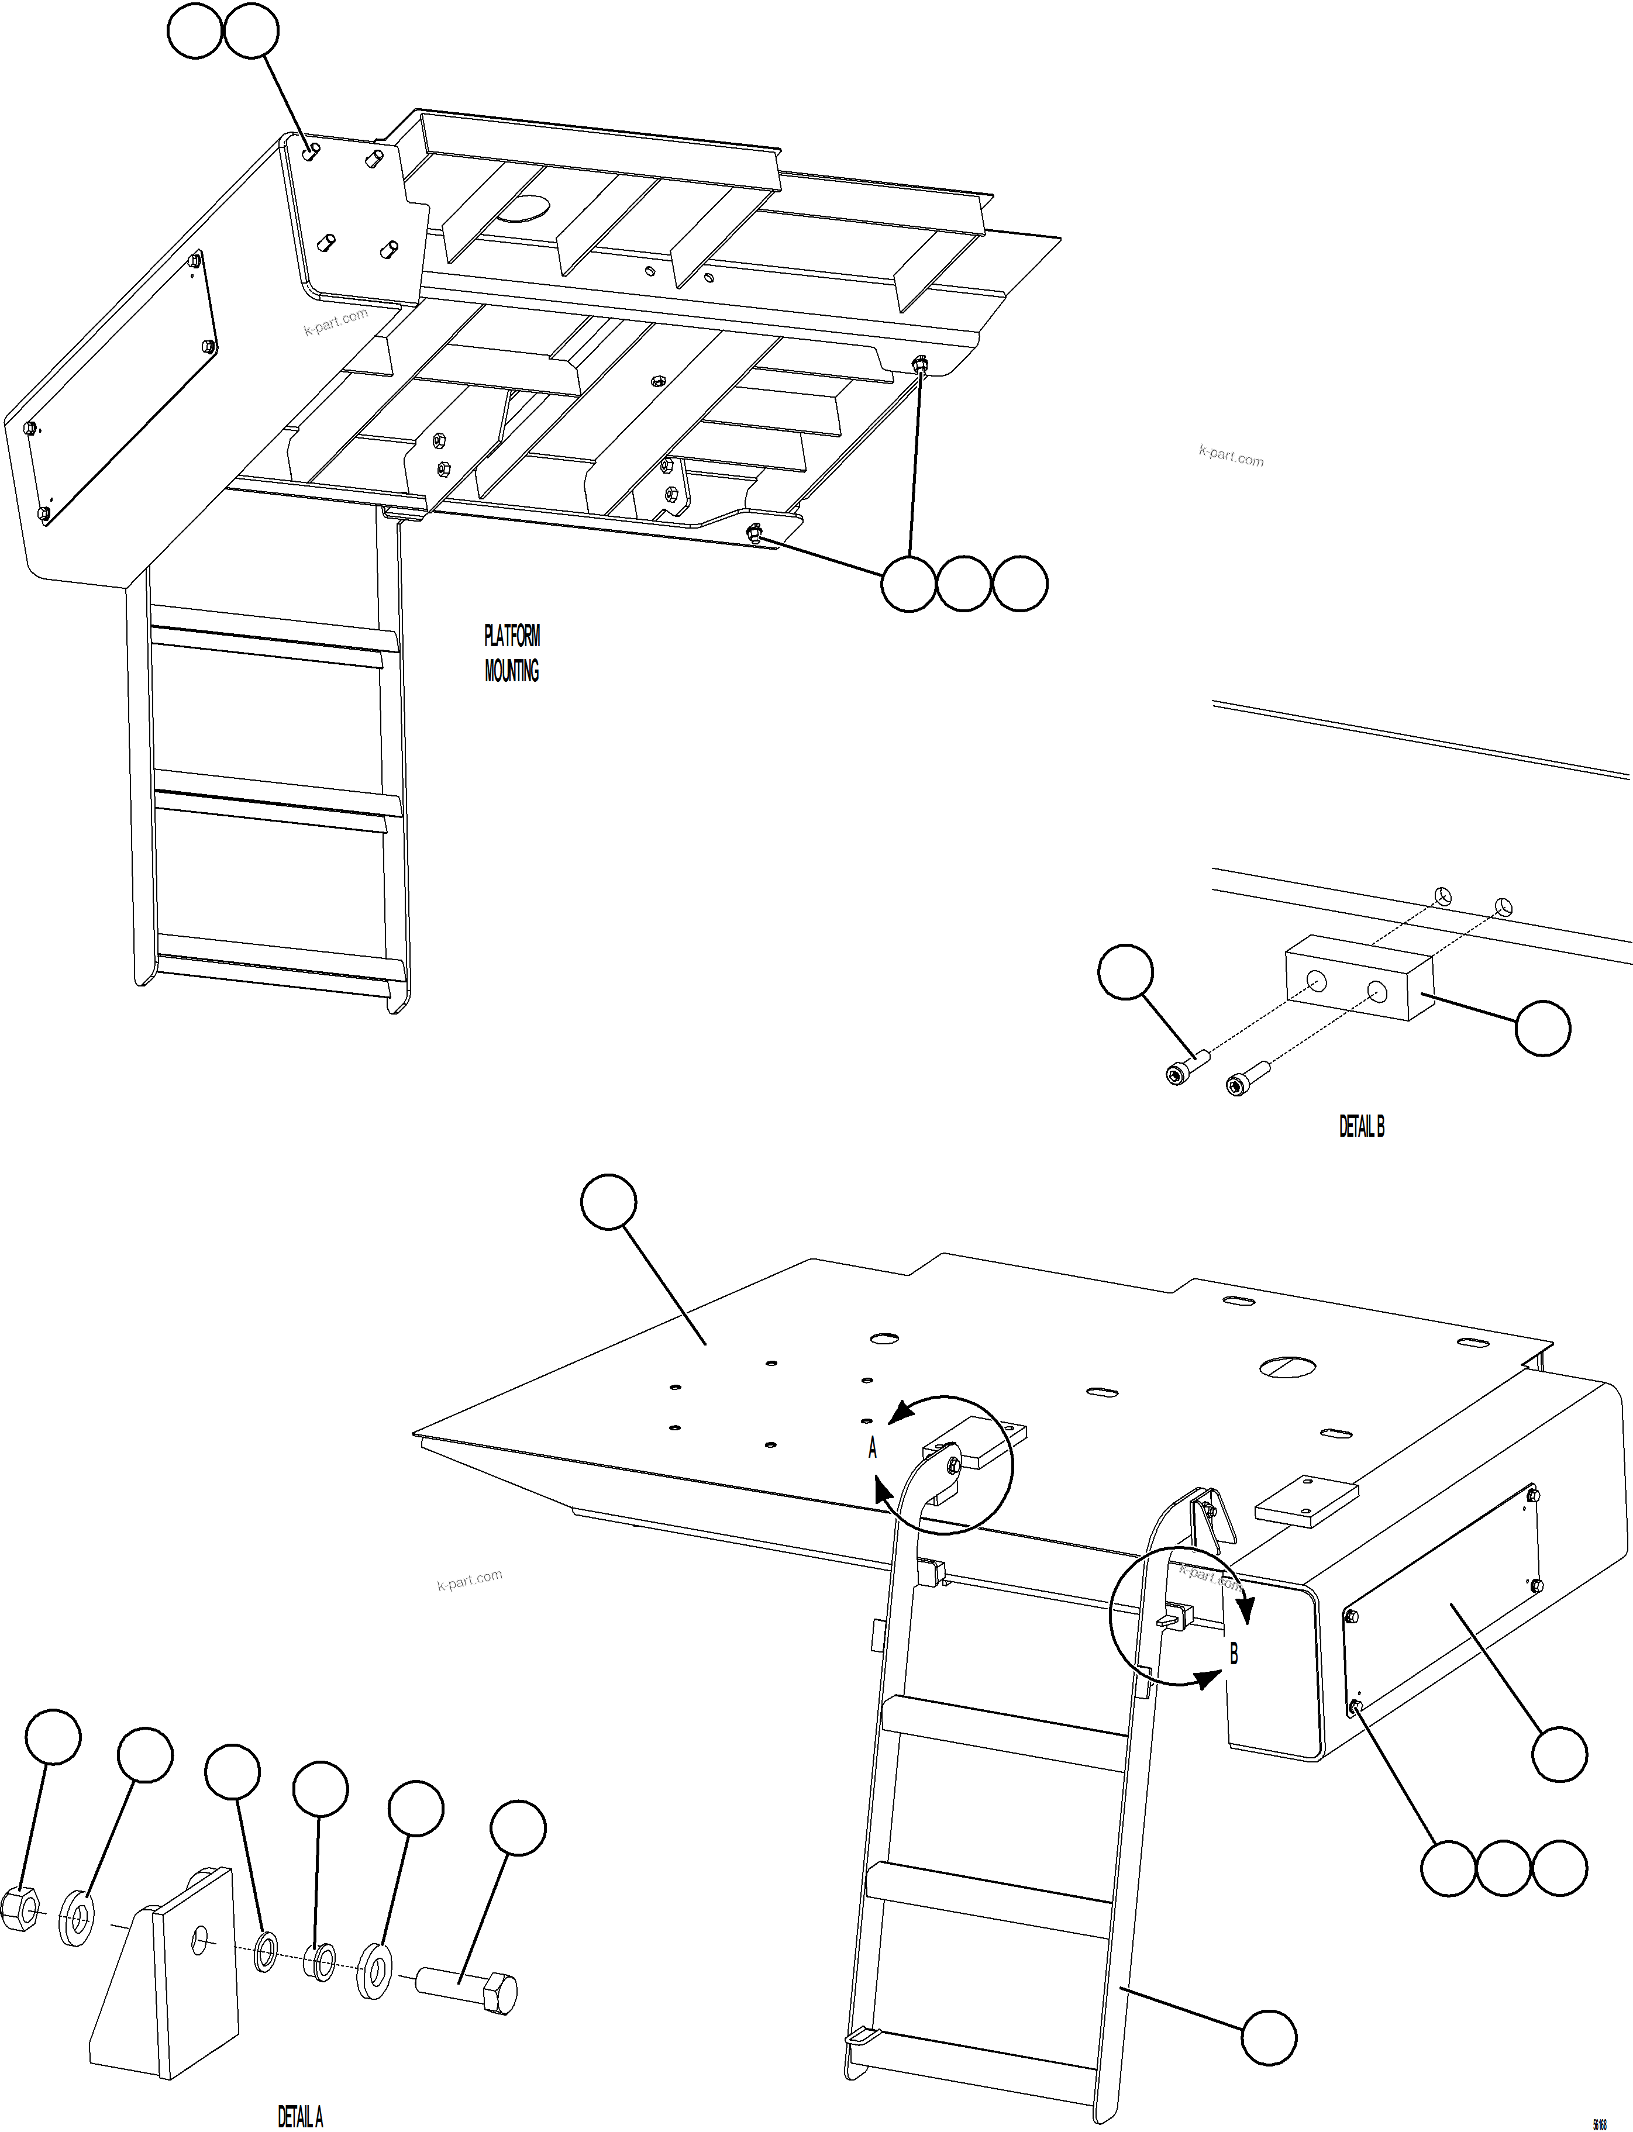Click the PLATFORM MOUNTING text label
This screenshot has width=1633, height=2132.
pyautogui.click(x=511, y=653)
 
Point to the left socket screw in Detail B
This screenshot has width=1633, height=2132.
pyautogui.click(x=1184, y=1066)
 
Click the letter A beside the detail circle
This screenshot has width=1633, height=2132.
pyautogui.click(x=872, y=1449)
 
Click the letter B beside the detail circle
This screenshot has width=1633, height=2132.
pyautogui.click(x=1234, y=1653)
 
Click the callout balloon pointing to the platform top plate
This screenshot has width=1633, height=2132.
pyautogui.click(x=608, y=1203)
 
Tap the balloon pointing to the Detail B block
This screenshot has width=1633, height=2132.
pyautogui.click(x=1542, y=1027)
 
